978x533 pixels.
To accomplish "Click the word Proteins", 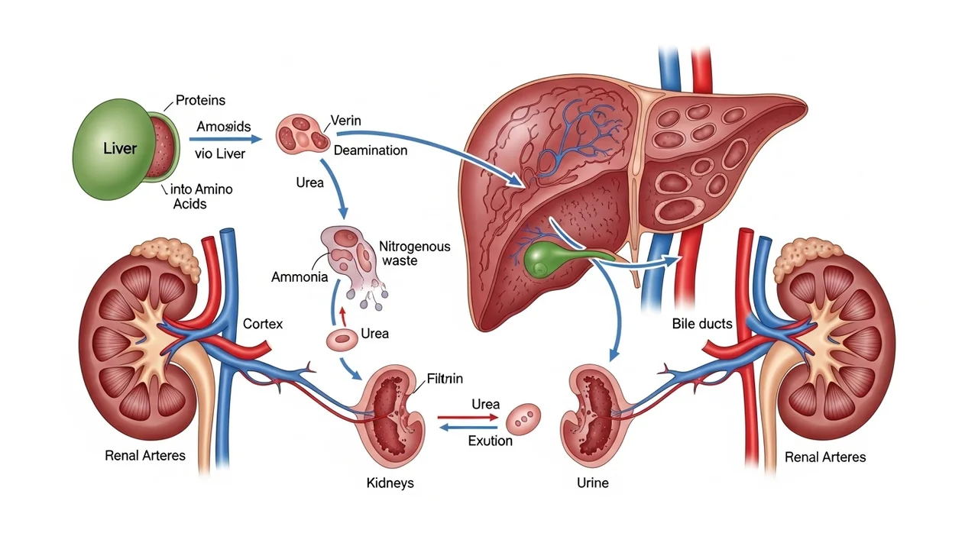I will [200, 100].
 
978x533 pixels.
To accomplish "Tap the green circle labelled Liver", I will [119, 148].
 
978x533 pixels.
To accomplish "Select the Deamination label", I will [371, 150].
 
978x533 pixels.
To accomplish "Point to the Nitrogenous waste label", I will [414, 254].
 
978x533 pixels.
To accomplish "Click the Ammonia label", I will [300, 277].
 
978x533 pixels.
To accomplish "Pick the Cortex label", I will [262, 324].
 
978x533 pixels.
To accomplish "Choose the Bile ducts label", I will [702, 324].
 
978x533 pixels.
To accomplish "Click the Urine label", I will [593, 483].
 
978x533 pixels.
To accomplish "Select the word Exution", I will [490, 441].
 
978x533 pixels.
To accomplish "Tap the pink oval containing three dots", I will [523, 417].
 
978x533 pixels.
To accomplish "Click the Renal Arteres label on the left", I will [144, 456].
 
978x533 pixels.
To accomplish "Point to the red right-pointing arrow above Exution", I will [466, 418].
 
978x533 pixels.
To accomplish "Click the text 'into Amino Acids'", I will [202, 196].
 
